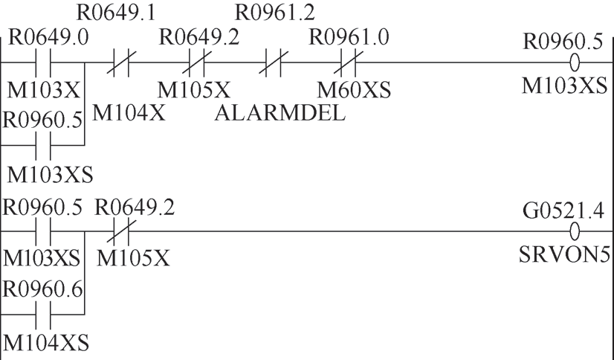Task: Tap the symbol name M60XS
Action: pyautogui.click(x=354, y=91)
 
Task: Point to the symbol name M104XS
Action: pyautogui.click(x=46, y=344)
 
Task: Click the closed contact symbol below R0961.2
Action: pyautogui.click(x=273, y=64)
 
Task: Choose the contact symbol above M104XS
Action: pyautogui.click(x=42, y=316)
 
